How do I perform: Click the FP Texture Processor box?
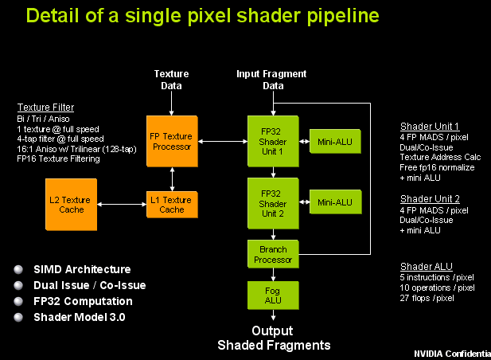pos(172,141)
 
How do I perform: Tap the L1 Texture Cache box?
pos(172,205)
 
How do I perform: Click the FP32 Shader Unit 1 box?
pos(273,140)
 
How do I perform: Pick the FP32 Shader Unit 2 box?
pos(273,202)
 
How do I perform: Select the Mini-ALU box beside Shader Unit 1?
pos(335,141)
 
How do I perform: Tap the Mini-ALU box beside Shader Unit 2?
pos(335,202)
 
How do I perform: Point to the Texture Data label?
pos(172,80)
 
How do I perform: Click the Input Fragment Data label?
pos(272,80)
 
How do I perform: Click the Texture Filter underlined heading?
pos(46,107)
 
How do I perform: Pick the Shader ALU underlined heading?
pos(426,266)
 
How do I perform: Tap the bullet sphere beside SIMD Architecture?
pos(18,269)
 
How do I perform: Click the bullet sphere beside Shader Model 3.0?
pos(18,317)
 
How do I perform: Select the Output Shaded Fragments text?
pos(273,338)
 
